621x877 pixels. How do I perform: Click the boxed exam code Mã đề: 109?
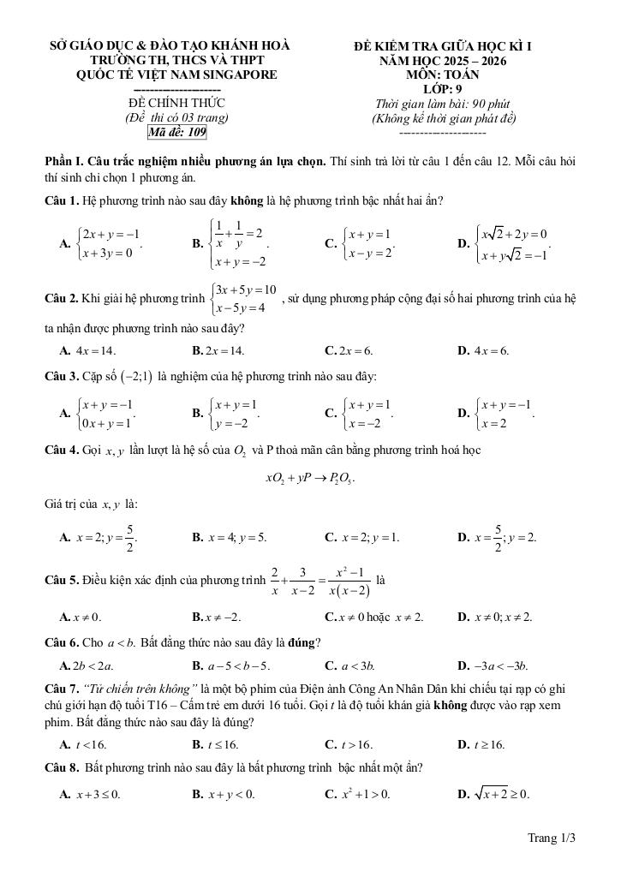coord(177,132)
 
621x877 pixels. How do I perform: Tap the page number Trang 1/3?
coord(551,838)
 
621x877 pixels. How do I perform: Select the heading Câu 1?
coord(62,200)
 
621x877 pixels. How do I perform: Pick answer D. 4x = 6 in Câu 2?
coord(484,350)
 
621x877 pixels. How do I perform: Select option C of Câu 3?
coord(362,412)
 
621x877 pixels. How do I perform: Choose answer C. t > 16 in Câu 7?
coord(349,745)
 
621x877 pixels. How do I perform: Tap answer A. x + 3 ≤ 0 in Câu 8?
coord(90,794)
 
